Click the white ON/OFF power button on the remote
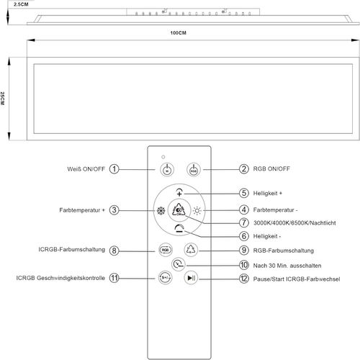(x=167, y=169)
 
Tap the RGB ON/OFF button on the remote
(x=194, y=169)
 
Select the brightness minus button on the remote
(x=179, y=228)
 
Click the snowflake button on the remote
(x=161, y=211)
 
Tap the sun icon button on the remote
(x=197, y=211)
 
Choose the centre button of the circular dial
(x=179, y=210)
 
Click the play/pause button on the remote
(x=191, y=278)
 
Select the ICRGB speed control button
(x=165, y=278)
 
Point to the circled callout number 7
(x=244, y=222)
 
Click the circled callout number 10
(x=244, y=265)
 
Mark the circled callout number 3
(x=114, y=210)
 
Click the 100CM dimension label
(x=178, y=33)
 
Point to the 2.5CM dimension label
(x=21, y=4)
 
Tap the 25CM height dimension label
(x=2, y=99)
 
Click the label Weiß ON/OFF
(x=86, y=169)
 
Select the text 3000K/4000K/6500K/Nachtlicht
(x=294, y=223)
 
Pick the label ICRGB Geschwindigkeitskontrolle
(x=60, y=278)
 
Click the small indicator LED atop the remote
(x=163, y=157)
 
